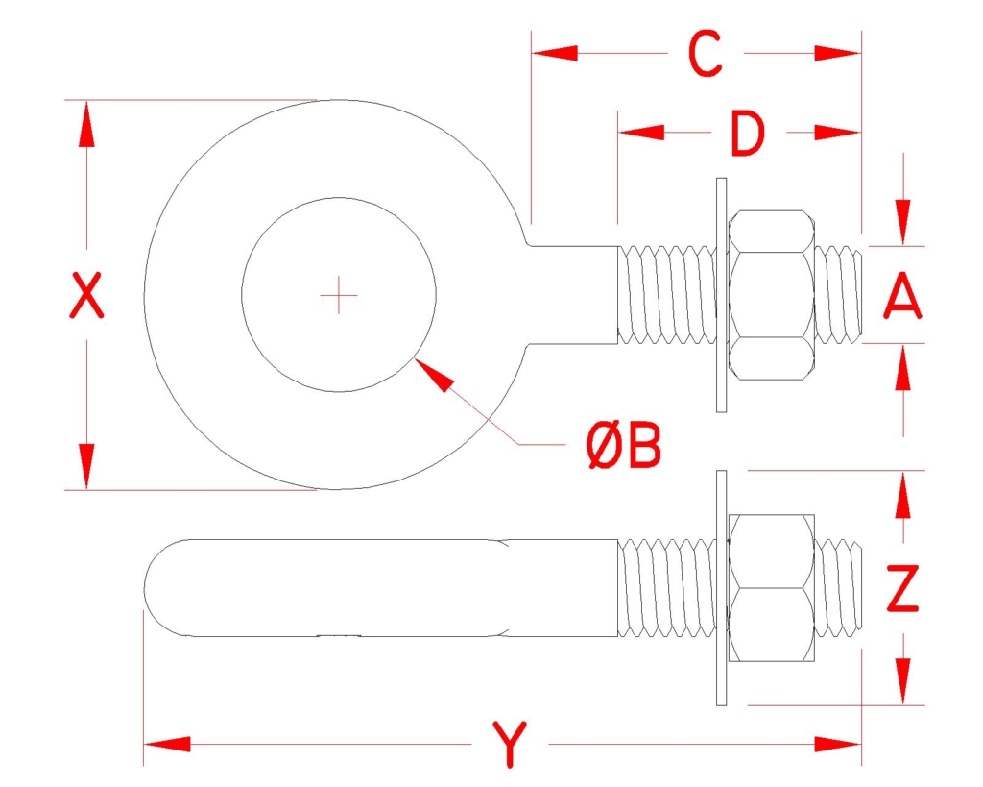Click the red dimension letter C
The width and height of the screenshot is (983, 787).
coord(706,54)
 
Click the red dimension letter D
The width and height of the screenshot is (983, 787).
coord(748,133)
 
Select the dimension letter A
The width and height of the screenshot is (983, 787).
coord(902,295)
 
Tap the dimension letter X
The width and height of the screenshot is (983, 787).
coord(85,295)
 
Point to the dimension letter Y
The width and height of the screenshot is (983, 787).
coord(510,745)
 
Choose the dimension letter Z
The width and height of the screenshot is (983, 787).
coord(902,588)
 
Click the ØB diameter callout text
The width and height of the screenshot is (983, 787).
coord(624,445)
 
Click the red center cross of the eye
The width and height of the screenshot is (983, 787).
coord(339,295)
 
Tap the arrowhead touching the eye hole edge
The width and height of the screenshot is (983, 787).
coord(435,375)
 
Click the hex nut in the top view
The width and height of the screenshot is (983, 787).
coord(771,295)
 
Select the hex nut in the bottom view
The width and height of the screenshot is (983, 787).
coord(771,588)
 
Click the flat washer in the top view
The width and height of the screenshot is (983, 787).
coord(722,295)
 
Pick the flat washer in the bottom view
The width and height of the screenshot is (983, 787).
coord(722,588)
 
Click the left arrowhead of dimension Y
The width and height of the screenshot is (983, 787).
coord(167,745)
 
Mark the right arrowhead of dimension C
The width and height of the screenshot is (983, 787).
coord(838,54)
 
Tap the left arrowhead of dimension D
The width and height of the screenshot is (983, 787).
coord(640,133)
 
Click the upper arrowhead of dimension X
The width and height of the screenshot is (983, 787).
coord(86,124)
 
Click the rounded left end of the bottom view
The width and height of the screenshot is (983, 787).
coord(166,588)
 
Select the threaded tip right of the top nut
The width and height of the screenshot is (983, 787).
coord(839,295)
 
